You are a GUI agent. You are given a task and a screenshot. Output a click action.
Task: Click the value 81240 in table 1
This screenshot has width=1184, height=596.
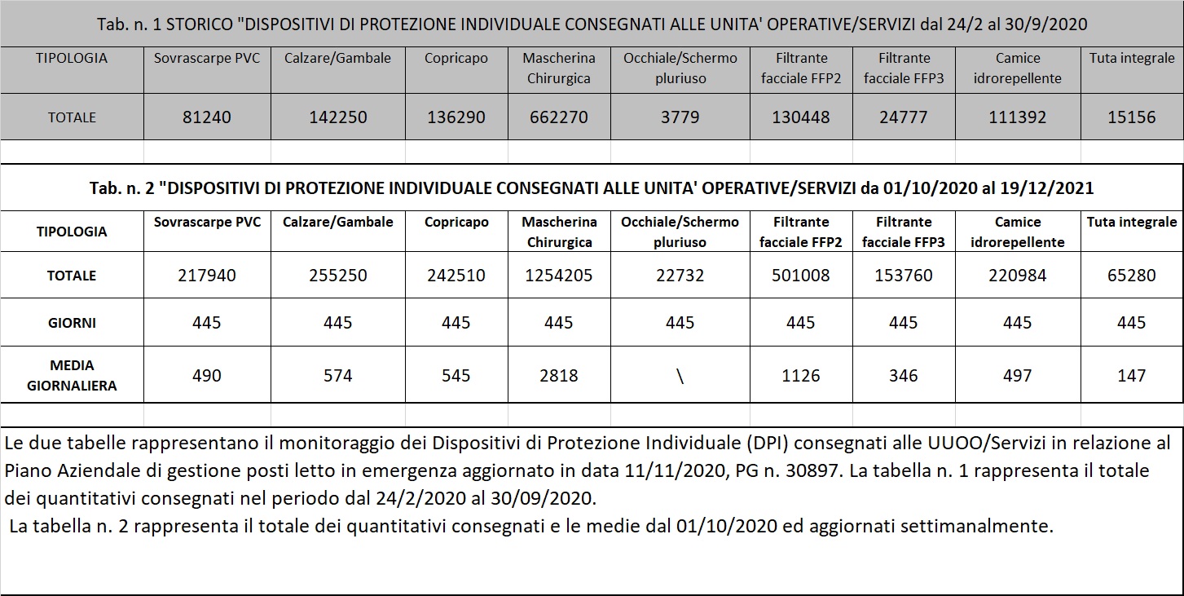pyautogui.click(x=207, y=117)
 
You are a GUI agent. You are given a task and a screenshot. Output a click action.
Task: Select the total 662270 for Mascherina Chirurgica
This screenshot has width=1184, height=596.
pyautogui.click(x=558, y=117)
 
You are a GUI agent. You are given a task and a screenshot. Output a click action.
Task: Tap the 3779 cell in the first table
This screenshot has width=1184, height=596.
pyautogui.click(x=680, y=117)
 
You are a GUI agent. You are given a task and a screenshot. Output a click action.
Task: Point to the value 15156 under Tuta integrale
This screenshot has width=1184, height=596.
pyautogui.click(x=1131, y=117)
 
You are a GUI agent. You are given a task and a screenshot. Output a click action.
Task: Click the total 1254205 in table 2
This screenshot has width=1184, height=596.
pyautogui.click(x=558, y=276)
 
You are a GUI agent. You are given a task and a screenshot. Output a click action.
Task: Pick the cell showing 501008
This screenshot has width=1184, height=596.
pyautogui.click(x=800, y=276)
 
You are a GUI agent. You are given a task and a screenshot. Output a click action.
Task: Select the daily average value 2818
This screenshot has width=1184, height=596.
pyautogui.click(x=558, y=376)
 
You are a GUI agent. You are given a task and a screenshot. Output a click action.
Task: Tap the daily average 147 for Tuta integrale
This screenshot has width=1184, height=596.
pyautogui.click(x=1131, y=376)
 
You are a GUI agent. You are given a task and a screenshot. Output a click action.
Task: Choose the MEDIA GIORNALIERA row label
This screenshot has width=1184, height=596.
pyautogui.click(x=72, y=375)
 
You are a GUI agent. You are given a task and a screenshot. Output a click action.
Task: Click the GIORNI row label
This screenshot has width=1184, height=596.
pyautogui.click(x=72, y=323)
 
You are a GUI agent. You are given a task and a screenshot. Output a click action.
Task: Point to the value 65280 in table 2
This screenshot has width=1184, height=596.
pyautogui.click(x=1131, y=276)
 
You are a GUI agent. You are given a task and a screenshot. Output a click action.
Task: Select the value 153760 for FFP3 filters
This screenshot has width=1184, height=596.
pyautogui.click(x=903, y=276)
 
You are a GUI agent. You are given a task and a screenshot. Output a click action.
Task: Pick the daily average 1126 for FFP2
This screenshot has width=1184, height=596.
pyautogui.click(x=800, y=376)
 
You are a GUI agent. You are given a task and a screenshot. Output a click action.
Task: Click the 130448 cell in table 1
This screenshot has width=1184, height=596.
pyautogui.click(x=800, y=117)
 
